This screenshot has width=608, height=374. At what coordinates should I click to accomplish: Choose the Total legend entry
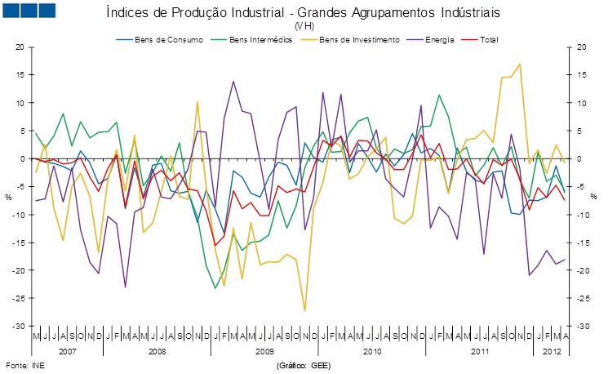pos(486,39)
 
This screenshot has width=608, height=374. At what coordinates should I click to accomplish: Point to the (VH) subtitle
pos(304,27)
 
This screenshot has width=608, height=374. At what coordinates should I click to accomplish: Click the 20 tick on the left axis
pos(20,47)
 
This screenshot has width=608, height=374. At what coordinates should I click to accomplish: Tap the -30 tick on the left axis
pos(19,326)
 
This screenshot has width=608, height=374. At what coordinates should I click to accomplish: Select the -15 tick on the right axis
pos(581,243)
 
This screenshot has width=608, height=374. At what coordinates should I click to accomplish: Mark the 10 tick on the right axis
pos(581,103)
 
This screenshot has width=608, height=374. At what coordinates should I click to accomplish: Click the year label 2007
pos(68,350)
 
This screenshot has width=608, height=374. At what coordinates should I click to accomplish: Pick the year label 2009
pos(265,350)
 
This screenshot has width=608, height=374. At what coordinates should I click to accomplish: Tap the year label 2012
pos(552,350)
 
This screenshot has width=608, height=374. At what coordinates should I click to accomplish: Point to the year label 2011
pos(479,350)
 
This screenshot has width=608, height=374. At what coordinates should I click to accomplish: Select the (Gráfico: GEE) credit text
pos(304,364)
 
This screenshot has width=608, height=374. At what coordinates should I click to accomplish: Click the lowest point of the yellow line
pos(304,310)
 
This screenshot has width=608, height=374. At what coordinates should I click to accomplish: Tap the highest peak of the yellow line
pos(520,64)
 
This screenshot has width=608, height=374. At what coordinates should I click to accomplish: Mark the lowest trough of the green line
pos(215,287)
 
